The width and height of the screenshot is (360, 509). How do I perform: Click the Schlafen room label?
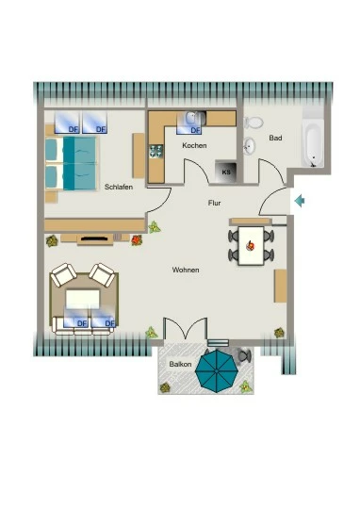coord(119,187)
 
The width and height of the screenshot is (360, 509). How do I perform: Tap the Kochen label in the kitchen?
coord(194,145)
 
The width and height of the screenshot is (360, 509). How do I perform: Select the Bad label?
coord(275,138)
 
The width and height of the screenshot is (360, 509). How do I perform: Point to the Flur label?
coord(214,203)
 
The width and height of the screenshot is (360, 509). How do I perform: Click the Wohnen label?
coord(186,270)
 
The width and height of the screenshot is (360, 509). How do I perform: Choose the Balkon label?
coord(180,364)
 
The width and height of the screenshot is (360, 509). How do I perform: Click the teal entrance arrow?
coord(300,201)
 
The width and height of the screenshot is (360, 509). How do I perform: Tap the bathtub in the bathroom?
coord(314,143)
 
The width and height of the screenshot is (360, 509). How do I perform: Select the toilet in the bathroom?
coord(254,123)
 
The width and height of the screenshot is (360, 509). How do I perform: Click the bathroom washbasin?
coord(250,146)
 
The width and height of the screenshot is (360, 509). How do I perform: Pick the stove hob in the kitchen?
coord(155,151)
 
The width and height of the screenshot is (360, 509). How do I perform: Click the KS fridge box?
coord(225,172)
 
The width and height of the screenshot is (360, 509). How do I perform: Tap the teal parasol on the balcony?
coord(216,371)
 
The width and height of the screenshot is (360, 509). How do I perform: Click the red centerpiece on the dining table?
coord(250,246)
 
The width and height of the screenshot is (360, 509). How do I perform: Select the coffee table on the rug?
coord(83,300)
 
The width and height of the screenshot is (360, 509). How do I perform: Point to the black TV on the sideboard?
coord(94,238)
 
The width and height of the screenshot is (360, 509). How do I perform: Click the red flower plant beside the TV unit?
coord(137,240)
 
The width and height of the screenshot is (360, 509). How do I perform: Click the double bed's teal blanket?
coord(80,163)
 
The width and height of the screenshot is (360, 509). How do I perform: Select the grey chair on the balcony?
coord(244,355)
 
